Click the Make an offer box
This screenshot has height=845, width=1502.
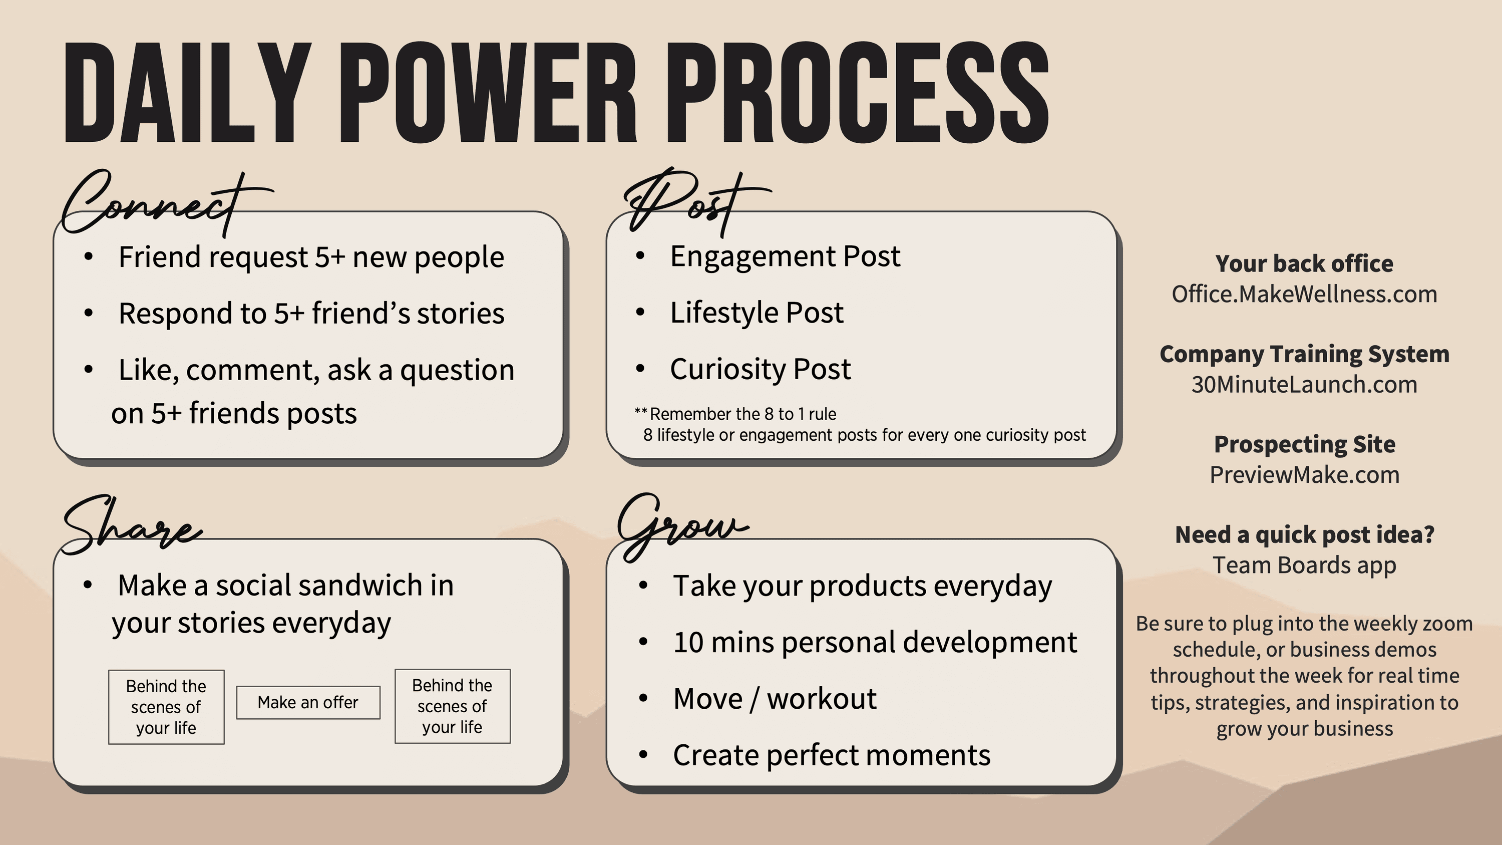(308, 702)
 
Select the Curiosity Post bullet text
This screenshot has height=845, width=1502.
(761, 369)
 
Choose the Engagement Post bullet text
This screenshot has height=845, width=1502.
(786, 256)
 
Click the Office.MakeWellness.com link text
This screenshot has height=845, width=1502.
(1304, 294)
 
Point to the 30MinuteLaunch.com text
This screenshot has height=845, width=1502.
(1304, 384)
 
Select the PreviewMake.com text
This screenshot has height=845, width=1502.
(1304, 475)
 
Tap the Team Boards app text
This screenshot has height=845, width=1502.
(1304, 565)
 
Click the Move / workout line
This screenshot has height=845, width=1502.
(775, 699)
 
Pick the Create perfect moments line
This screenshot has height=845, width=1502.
(832, 755)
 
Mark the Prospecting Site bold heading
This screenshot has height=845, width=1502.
(1304, 444)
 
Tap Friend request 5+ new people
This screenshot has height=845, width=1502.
(311, 257)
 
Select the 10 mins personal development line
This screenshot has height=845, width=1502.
(875, 643)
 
